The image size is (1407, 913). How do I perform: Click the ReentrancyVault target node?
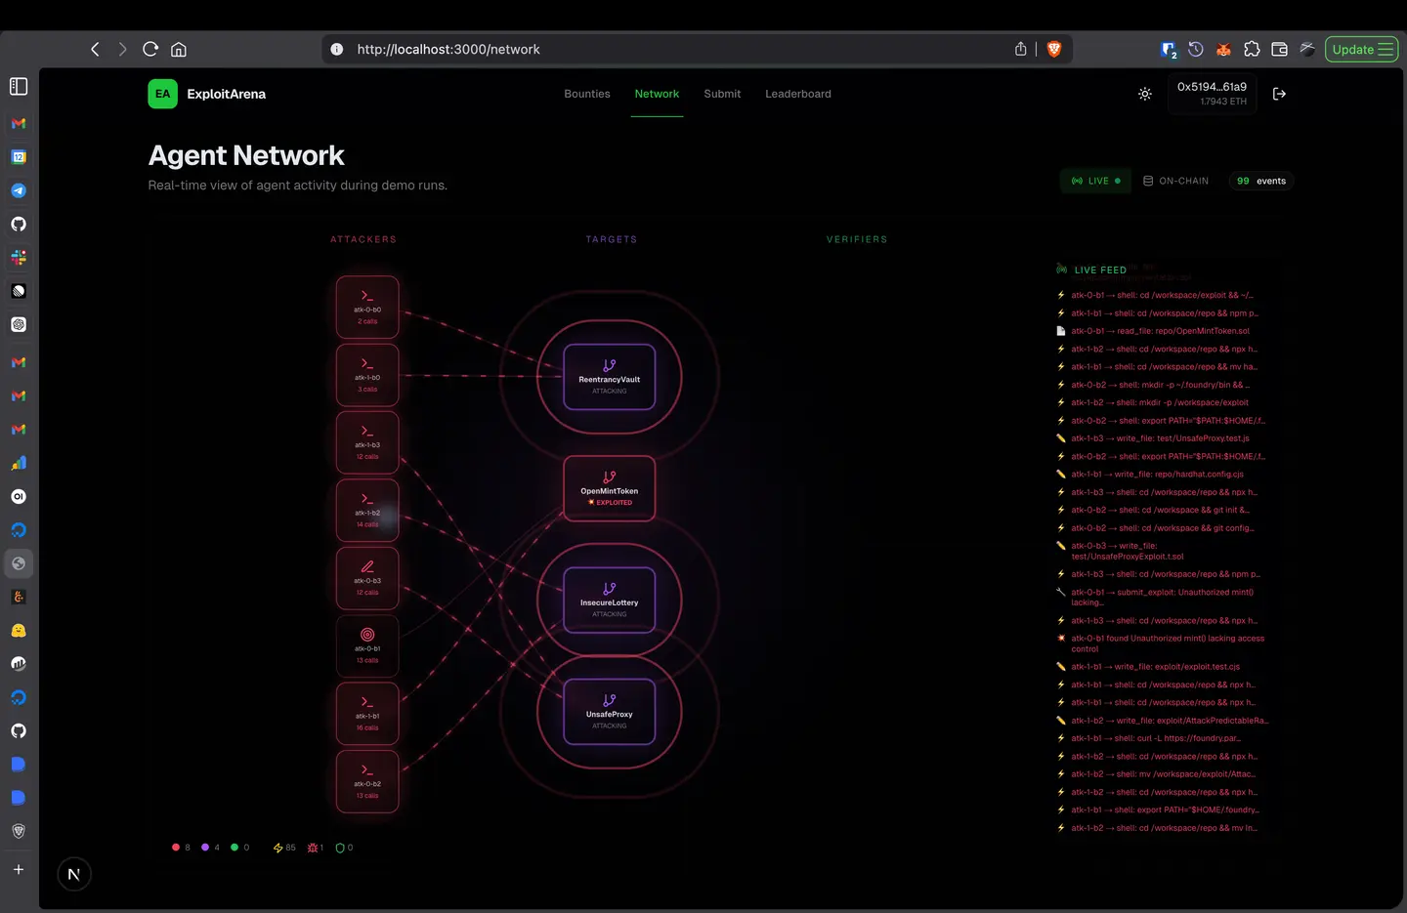[609, 377]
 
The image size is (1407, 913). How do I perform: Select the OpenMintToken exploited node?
[609, 488]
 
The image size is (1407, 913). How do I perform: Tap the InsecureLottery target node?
[609, 600]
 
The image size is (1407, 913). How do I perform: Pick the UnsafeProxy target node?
[609, 711]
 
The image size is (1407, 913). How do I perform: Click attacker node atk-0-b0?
[367, 307]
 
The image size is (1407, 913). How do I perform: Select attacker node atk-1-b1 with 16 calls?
[367, 714]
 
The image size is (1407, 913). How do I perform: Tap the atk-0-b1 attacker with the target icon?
[367, 645]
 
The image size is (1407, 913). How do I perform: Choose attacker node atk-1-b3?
[367, 442]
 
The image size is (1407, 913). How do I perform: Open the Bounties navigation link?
[586, 94]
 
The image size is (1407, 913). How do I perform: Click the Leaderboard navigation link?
[797, 94]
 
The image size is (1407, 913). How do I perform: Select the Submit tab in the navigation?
[722, 94]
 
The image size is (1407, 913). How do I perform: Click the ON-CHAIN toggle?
[1175, 181]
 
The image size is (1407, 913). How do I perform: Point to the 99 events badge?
[1260, 181]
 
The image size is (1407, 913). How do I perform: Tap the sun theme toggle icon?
[1145, 94]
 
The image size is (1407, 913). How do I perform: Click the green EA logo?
[162, 94]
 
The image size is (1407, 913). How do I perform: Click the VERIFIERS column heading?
[856, 239]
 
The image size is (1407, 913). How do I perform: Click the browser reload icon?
[150, 49]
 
